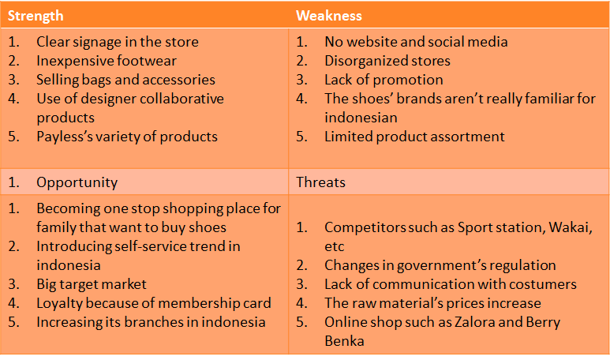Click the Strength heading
pyautogui.click(x=36, y=16)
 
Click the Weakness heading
pyautogui.click(x=329, y=16)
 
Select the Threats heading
pyautogui.click(x=320, y=182)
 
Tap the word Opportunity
pyautogui.click(x=77, y=183)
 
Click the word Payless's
pyautogui.click(x=64, y=137)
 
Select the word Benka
pyautogui.click(x=344, y=341)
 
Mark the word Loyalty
pyautogui.click(x=59, y=304)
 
